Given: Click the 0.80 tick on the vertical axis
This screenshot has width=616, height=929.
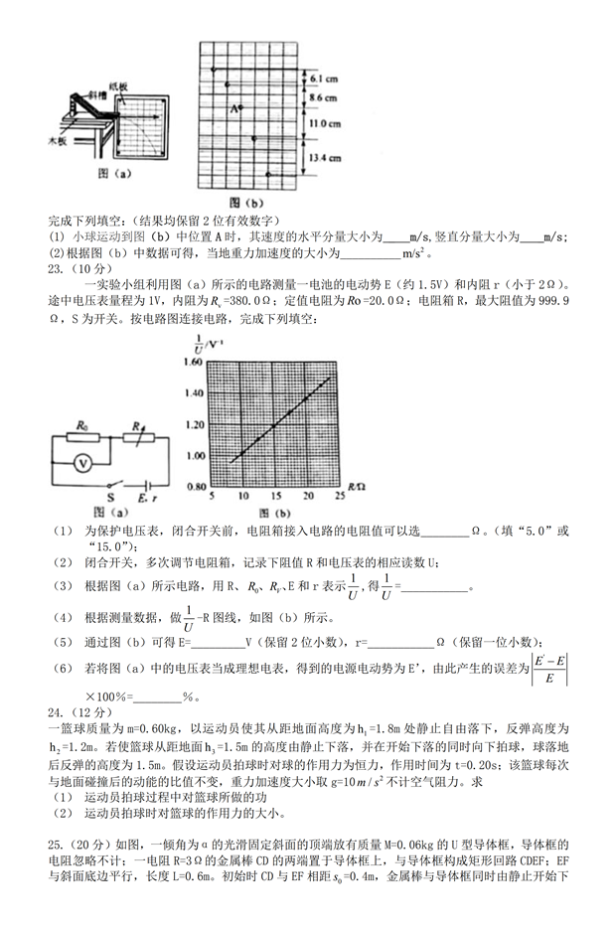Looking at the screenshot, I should coord(196,490).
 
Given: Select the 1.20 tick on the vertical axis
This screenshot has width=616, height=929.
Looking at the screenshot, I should coord(196,426).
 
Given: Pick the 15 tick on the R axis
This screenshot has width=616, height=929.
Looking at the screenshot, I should coord(272,499).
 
